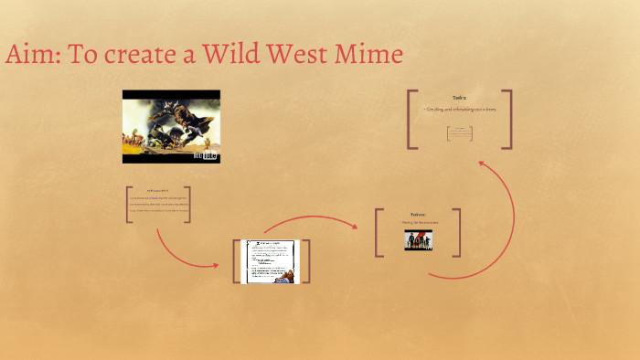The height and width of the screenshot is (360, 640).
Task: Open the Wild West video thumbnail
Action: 171,126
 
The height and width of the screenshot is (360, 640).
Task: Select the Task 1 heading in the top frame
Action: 459,98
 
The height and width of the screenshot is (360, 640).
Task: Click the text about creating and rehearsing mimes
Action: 459,109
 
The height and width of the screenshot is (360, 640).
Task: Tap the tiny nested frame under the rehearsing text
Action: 459,133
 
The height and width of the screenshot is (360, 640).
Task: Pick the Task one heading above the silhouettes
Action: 418,214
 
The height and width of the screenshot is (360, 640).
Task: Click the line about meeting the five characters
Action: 418,222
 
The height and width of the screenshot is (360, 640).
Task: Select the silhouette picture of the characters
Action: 418,239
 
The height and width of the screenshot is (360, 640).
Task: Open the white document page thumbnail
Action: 271,261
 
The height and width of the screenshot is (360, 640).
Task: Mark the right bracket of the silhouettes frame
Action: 457,232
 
